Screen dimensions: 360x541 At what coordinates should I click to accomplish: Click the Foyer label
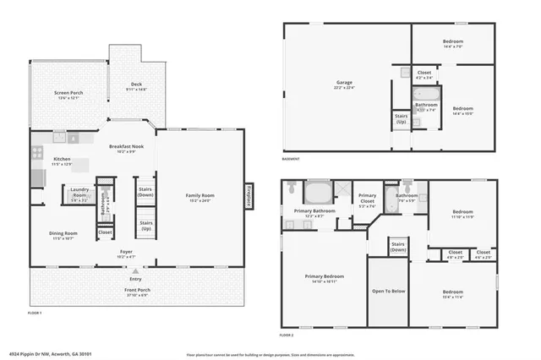pos(125,253)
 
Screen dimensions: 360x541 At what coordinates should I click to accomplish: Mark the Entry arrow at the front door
pos(135,270)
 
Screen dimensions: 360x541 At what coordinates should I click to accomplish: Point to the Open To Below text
pos(389,291)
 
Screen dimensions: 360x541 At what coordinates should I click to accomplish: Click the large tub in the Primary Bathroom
pos(318,190)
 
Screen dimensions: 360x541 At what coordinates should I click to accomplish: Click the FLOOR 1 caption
pos(35,314)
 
